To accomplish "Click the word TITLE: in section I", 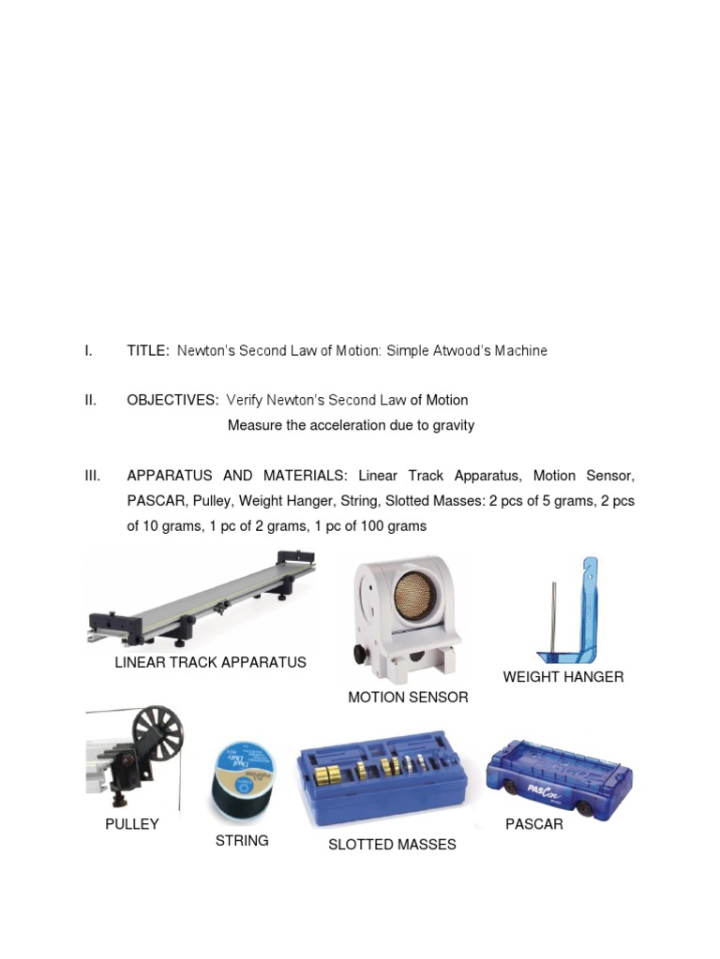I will pos(148,351).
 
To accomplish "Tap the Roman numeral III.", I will pos(93,477).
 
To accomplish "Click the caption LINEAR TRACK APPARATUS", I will pos(210,663).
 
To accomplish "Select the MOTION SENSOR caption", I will pos(408,698).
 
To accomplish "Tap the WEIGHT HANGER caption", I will pos(562,677).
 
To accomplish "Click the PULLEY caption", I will pos(132,825).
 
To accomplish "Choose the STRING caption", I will pos(242,841).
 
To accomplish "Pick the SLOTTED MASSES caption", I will pos(392,845).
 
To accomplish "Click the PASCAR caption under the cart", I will pos(534,825).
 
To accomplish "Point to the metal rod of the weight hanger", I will pos(553,618).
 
